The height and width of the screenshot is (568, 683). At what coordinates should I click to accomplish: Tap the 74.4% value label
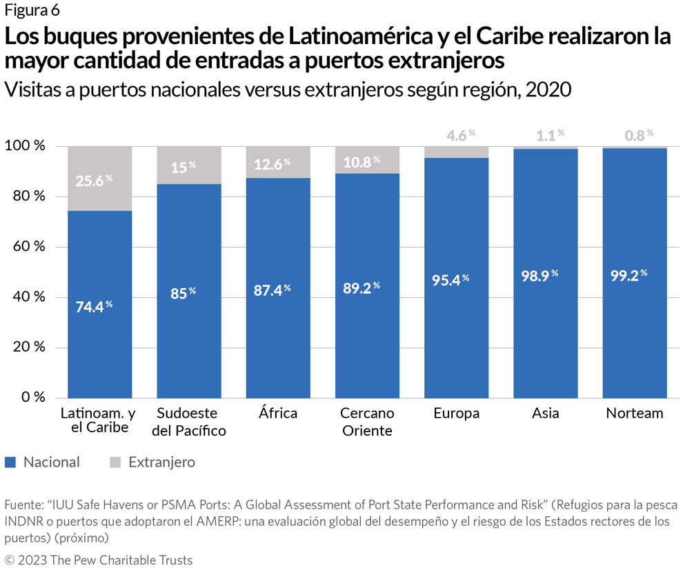coord(94,307)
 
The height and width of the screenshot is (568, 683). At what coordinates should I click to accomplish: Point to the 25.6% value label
coord(94,181)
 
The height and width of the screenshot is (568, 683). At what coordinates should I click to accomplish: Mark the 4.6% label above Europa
coord(456,135)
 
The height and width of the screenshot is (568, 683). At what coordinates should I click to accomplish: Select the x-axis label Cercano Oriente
coord(367,422)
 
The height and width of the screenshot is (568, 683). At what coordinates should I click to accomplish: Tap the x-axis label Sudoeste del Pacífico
coord(188,422)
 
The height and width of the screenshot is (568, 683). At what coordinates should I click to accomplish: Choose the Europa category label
coord(456,414)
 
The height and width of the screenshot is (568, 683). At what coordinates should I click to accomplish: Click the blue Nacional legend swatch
coord(10,463)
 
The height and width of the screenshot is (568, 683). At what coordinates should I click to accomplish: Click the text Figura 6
coord(32,10)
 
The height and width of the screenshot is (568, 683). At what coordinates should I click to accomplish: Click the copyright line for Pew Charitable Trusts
coord(99,559)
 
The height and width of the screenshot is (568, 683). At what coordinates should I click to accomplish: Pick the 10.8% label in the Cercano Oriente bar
coord(362,161)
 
